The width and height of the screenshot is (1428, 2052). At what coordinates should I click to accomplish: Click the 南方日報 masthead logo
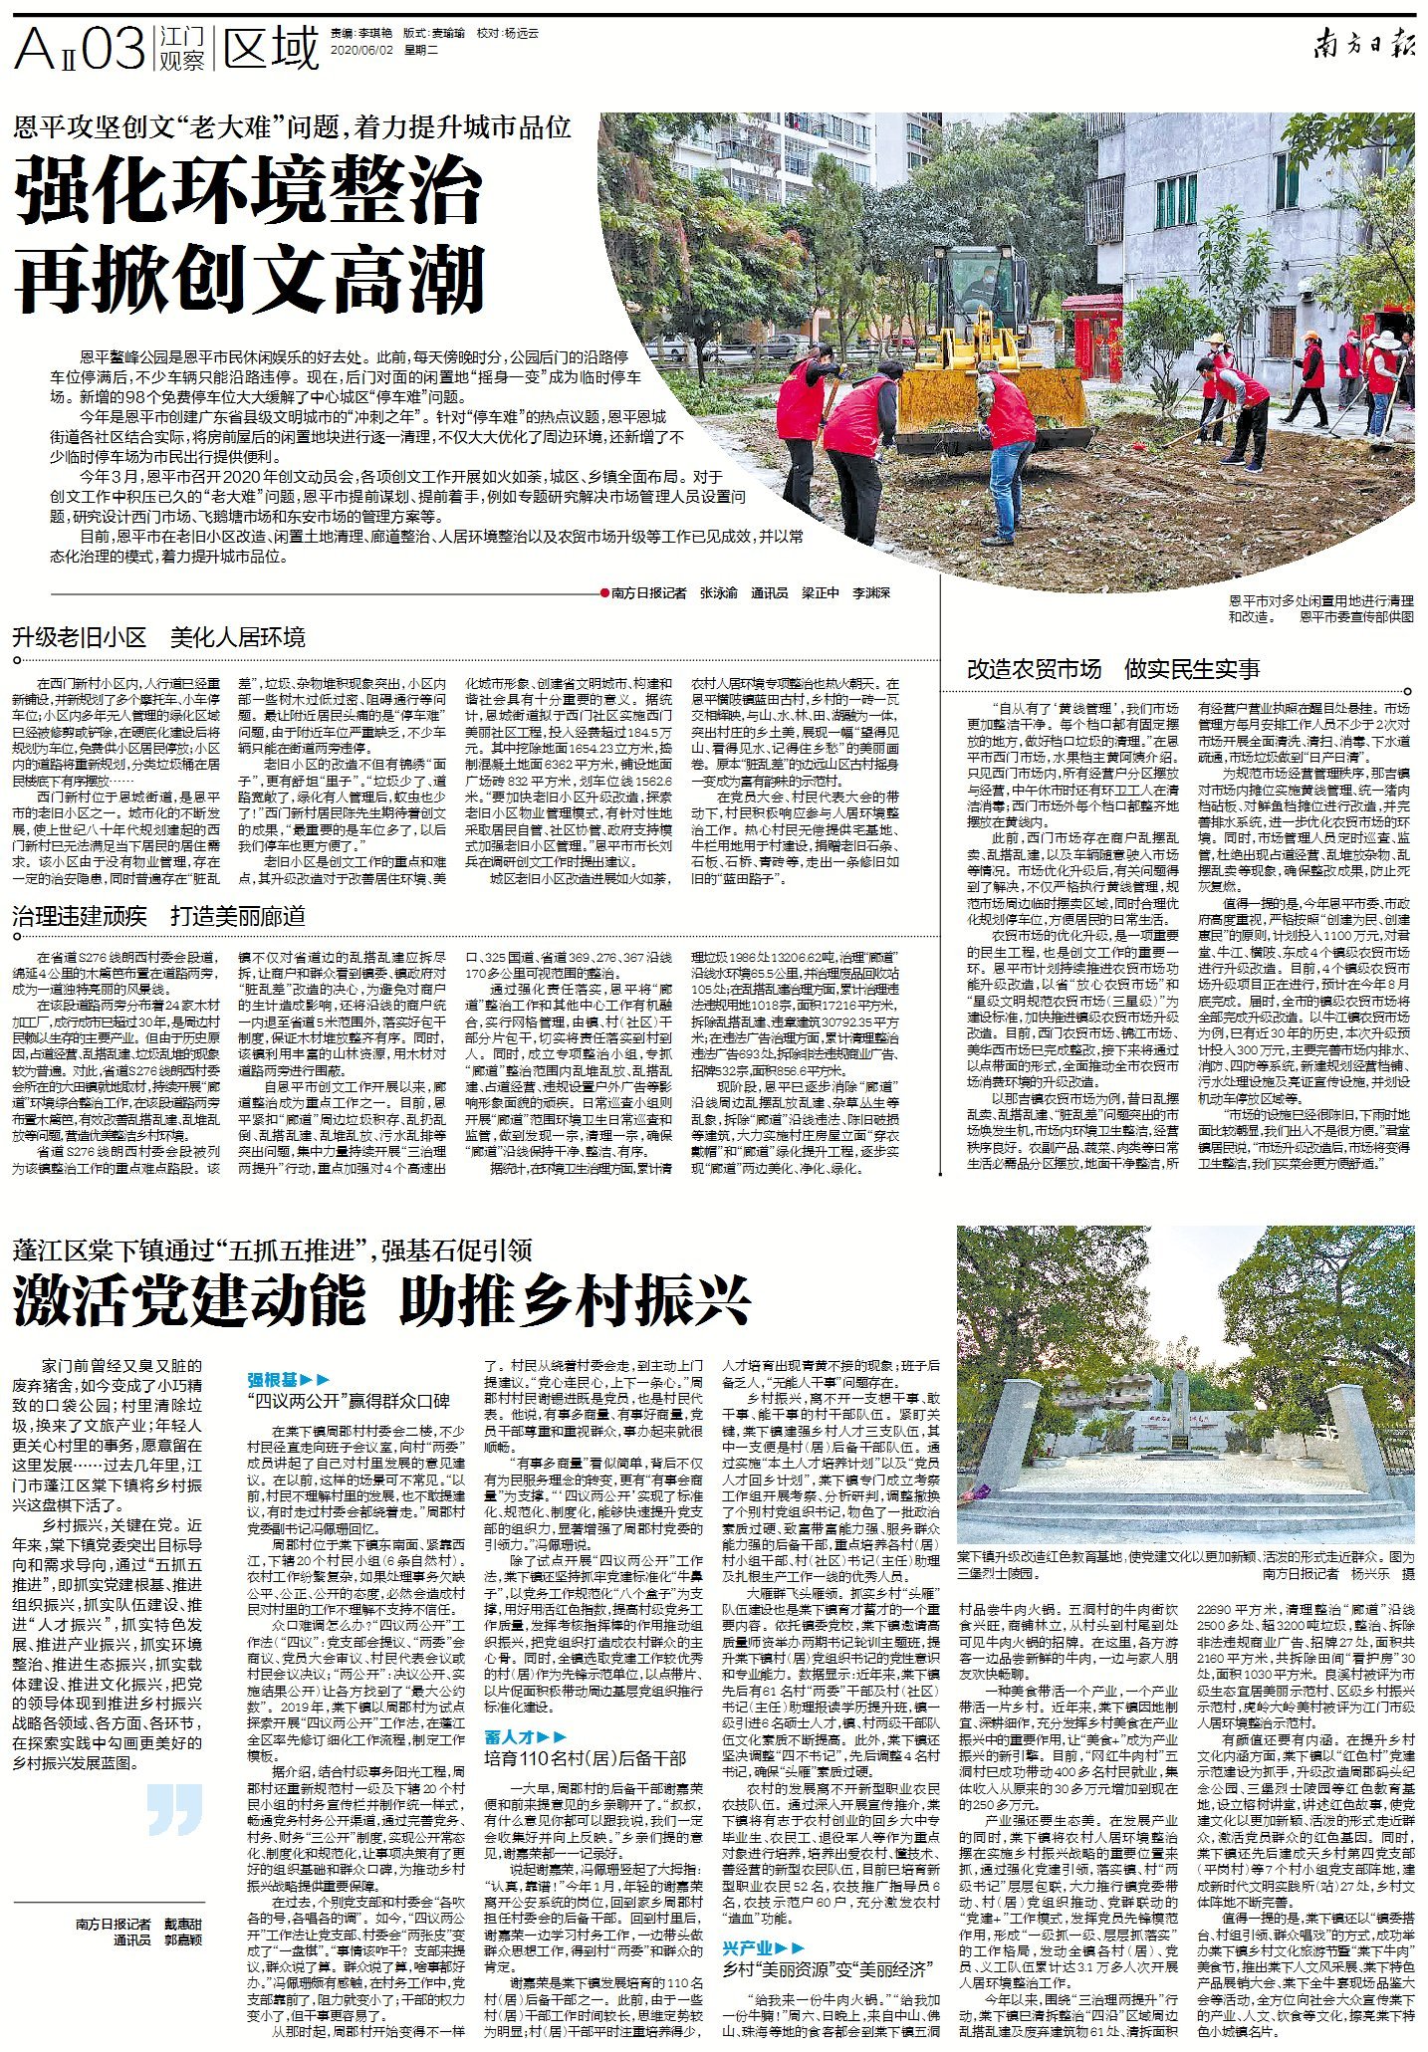tap(1361, 45)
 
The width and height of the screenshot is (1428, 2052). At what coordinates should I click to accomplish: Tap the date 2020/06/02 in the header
tap(359, 49)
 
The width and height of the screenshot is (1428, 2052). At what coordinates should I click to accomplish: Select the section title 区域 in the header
tap(271, 48)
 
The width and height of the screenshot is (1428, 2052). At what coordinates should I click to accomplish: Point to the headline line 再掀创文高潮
tap(249, 282)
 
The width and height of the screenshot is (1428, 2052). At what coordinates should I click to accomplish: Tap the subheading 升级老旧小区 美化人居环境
tap(159, 637)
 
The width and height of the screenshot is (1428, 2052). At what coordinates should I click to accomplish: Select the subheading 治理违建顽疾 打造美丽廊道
tap(159, 916)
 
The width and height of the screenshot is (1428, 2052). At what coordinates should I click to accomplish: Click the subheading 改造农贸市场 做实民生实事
tap(1112, 669)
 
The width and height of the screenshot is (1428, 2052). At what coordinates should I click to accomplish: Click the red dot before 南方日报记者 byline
tap(603, 592)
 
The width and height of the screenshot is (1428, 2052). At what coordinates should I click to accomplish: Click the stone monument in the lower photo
tap(1178, 1415)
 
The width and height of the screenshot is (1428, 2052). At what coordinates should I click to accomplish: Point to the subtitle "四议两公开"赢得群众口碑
tap(349, 1400)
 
